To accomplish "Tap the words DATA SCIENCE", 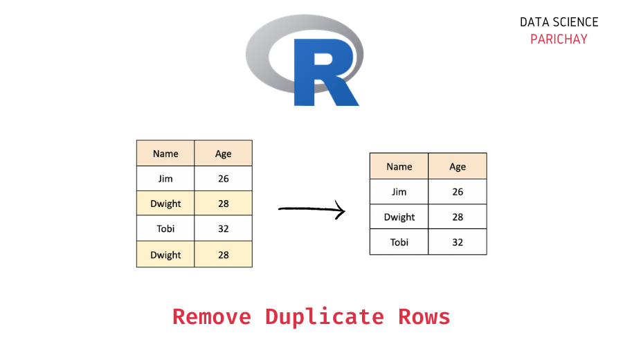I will click(559, 22).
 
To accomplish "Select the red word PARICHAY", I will click(559, 39).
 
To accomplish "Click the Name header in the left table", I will click(165, 154).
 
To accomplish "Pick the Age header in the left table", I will click(223, 154).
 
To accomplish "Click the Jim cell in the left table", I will click(165, 179).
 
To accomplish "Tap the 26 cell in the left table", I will click(223, 179).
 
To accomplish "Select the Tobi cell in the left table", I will click(165, 229).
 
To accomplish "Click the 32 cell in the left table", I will click(223, 229).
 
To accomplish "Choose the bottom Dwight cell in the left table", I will click(165, 255).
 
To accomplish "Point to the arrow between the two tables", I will click(311, 208).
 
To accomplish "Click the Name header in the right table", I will click(399, 166).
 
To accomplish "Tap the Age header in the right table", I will click(458, 166).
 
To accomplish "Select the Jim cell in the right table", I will click(399, 192).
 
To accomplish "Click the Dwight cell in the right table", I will click(399, 217).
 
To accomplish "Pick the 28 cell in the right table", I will click(458, 217).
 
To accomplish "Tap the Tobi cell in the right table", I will click(399, 242).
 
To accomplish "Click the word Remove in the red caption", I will click(213, 316).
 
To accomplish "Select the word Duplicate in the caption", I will click(324, 316).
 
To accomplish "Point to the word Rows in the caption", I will click(424, 316).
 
